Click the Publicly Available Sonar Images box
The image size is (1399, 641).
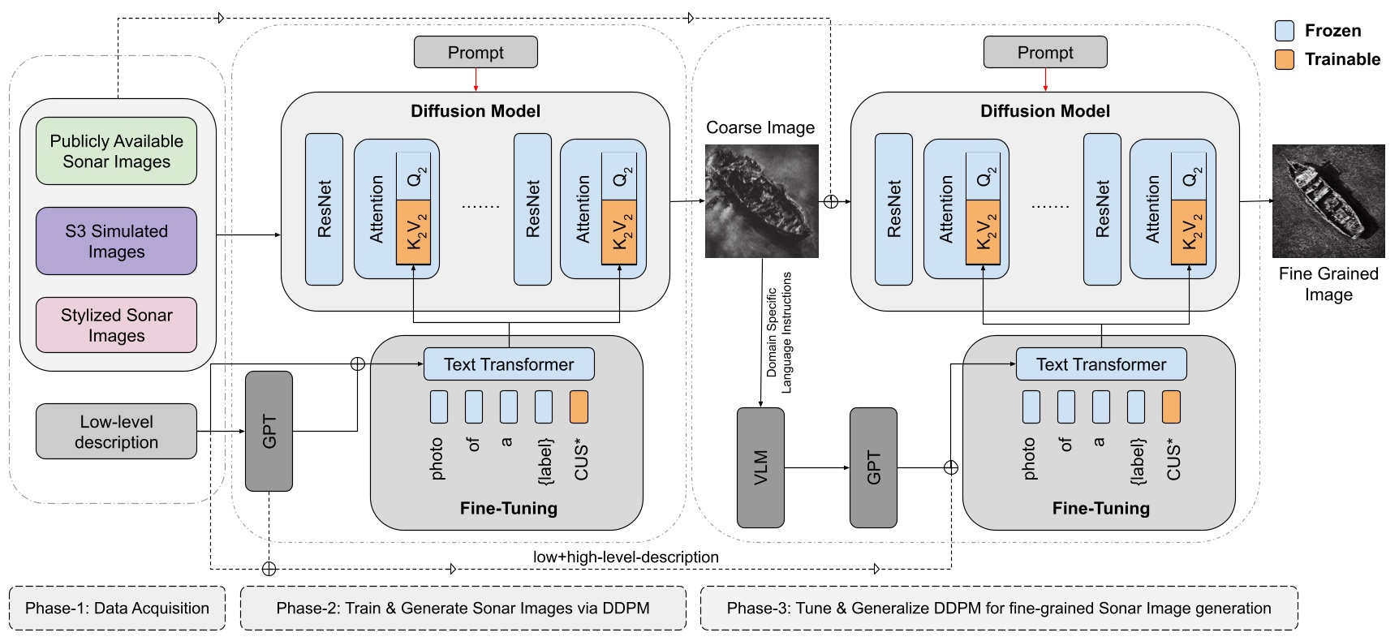(x=116, y=151)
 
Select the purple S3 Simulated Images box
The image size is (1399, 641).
(x=116, y=241)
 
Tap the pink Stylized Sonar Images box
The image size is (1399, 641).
(x=116, y=325)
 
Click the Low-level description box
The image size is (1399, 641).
(x=116, y=432)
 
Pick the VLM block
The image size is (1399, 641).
(x=760, y=467)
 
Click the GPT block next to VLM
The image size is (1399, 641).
(x=873, y=467)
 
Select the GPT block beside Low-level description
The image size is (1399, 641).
(x=269, y=431)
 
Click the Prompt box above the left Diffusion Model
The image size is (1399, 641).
(x=476, y=52)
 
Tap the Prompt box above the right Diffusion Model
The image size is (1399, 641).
(x=1045, y=52)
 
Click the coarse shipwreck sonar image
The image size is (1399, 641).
(x=761, y=201)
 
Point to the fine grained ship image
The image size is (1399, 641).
(x=1328, y=201)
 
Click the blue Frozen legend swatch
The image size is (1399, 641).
(x=1285, y=31)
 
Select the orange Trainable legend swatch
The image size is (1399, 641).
(x=1285, y=59)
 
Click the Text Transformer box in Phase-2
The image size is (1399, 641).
(x=509, y=364)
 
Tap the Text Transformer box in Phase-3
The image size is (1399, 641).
(x=1100, y=364)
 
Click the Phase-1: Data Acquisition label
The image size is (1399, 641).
(x=117, y=609)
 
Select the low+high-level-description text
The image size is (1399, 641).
(x=626, y=557)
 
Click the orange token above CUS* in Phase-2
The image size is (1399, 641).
(x=579, y=407)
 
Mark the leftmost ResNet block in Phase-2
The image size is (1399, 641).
(x=324, y=209)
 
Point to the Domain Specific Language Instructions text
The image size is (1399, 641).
(x=779, y=333)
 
